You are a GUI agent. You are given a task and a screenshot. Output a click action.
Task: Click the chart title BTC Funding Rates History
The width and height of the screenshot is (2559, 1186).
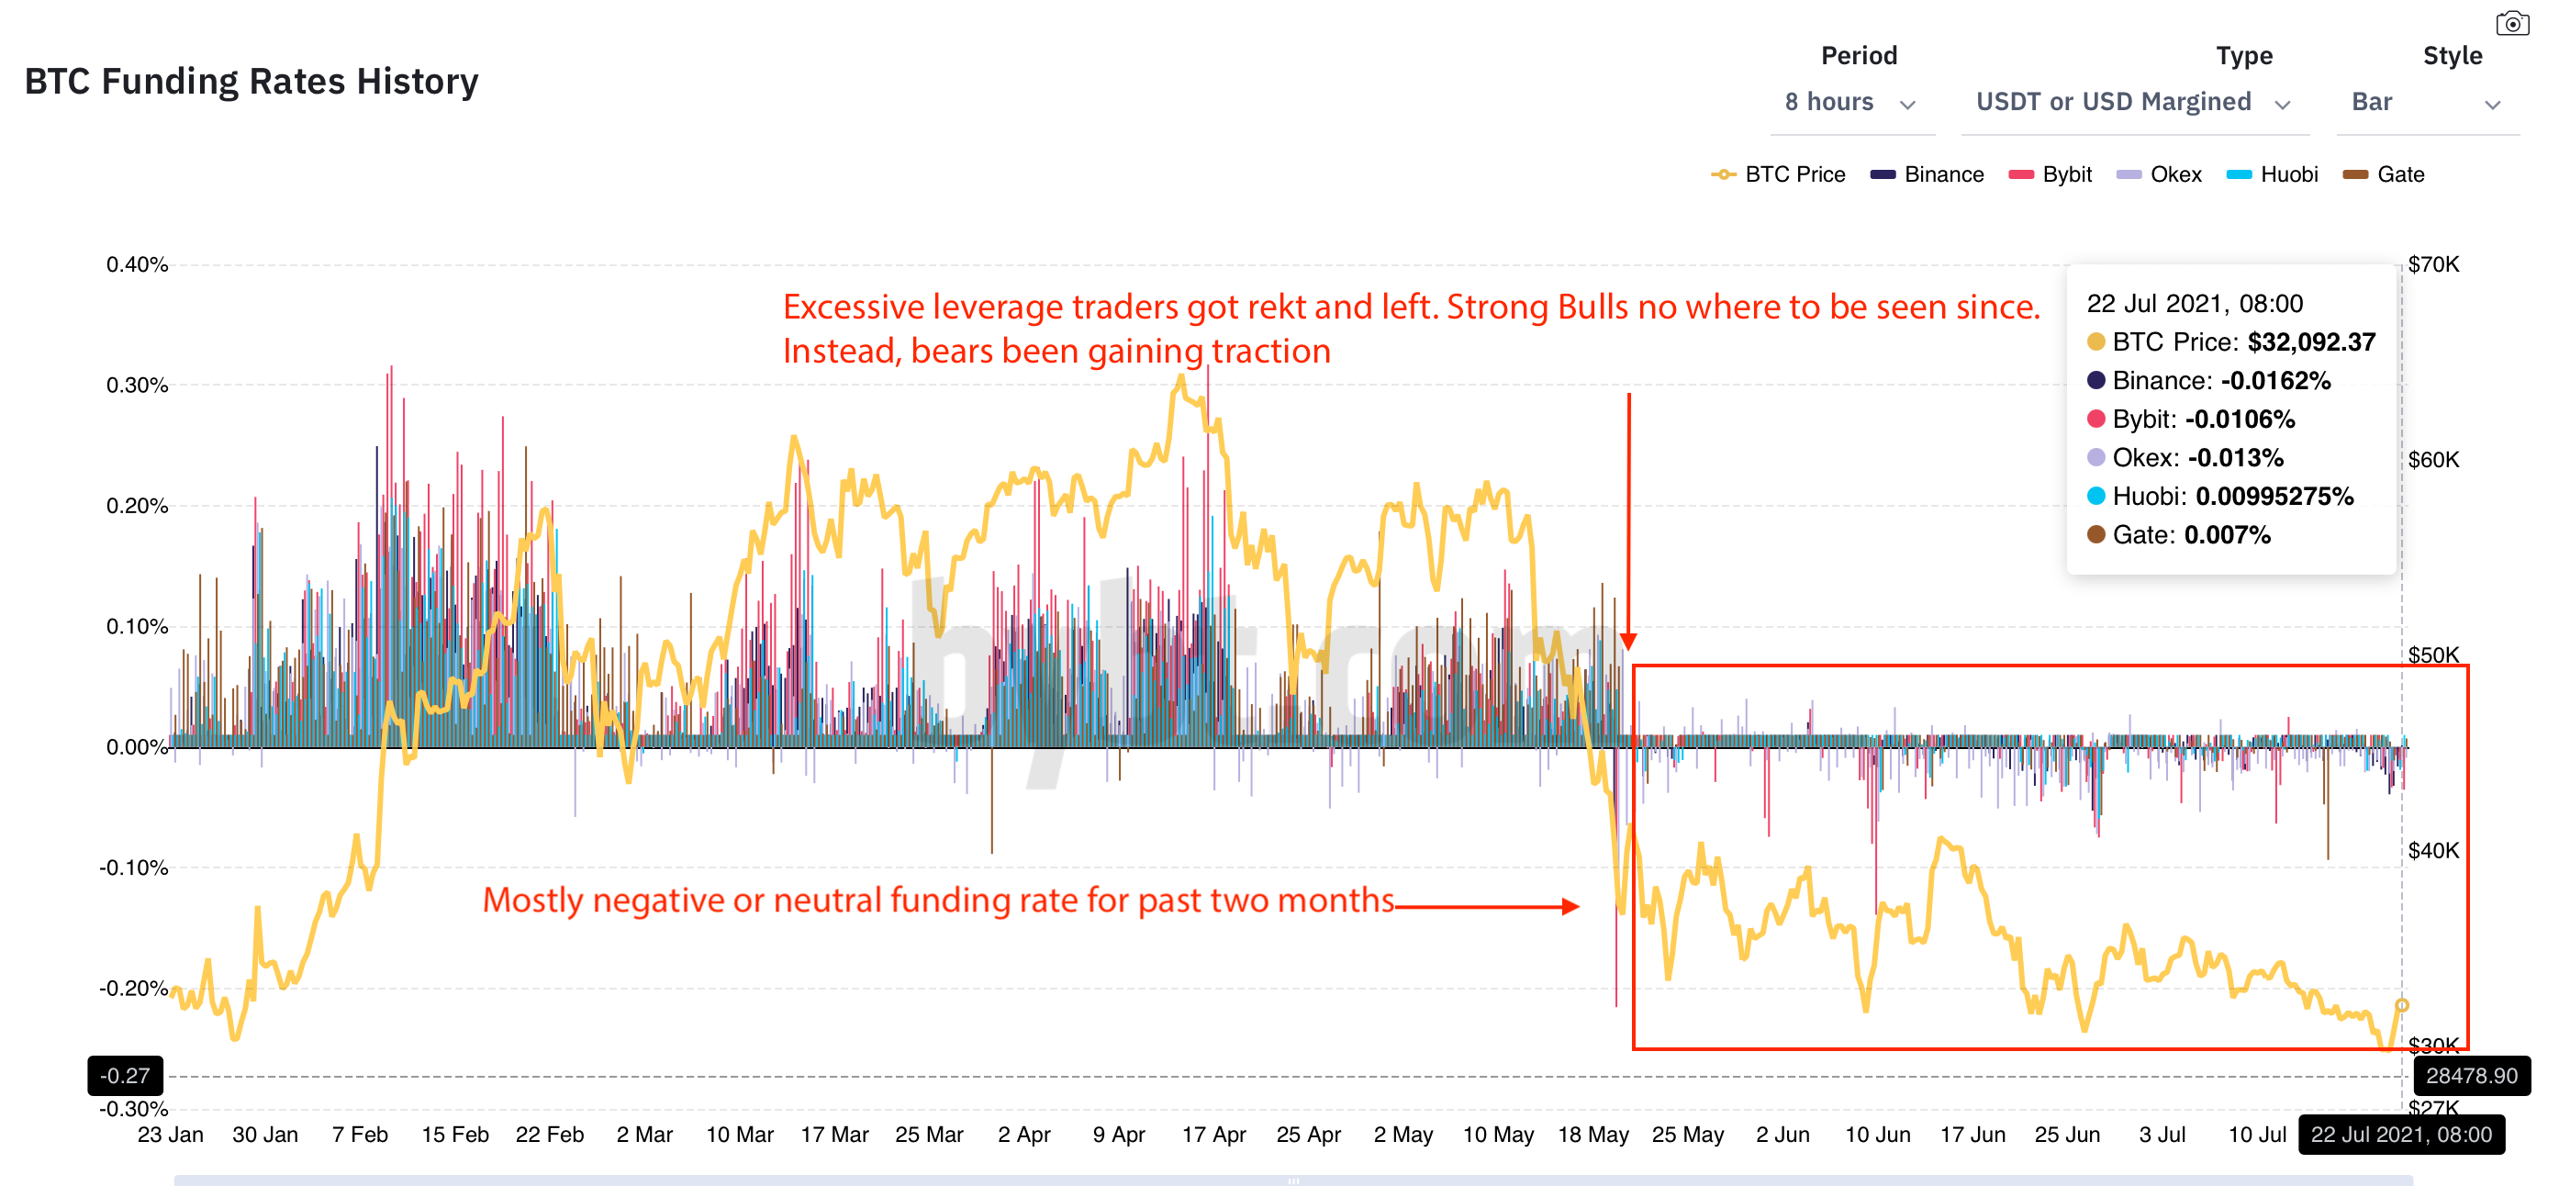251,82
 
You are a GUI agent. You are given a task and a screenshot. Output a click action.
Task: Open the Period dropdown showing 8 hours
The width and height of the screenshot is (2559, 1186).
1849,102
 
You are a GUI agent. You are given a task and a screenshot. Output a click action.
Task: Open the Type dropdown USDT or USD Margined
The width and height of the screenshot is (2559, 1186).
2132,102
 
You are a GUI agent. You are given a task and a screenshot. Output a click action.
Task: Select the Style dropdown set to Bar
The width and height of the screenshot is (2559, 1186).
2425,102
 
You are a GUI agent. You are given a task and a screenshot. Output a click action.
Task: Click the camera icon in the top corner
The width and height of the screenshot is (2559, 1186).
2511,23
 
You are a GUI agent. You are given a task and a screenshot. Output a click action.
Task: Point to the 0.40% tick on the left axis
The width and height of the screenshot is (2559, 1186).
137,264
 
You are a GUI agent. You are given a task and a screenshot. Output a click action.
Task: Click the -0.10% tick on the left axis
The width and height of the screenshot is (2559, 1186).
134,867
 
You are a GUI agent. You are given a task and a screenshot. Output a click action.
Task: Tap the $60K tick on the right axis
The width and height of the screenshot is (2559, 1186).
2433,460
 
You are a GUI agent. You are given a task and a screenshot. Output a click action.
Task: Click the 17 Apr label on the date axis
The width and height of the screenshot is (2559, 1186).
1212,1135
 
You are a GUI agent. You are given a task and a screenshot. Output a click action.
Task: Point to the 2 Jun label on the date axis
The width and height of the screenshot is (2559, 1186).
1782,1135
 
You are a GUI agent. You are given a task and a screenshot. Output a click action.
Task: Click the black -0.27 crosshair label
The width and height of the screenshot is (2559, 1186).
125,1076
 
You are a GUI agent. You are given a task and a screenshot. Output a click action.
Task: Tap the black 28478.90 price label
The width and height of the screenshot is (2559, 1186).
2471,1076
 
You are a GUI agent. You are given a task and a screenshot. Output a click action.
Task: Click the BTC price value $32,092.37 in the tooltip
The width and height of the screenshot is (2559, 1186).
2310,342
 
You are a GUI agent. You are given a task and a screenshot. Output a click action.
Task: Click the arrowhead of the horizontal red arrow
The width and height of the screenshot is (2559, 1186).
1570,906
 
